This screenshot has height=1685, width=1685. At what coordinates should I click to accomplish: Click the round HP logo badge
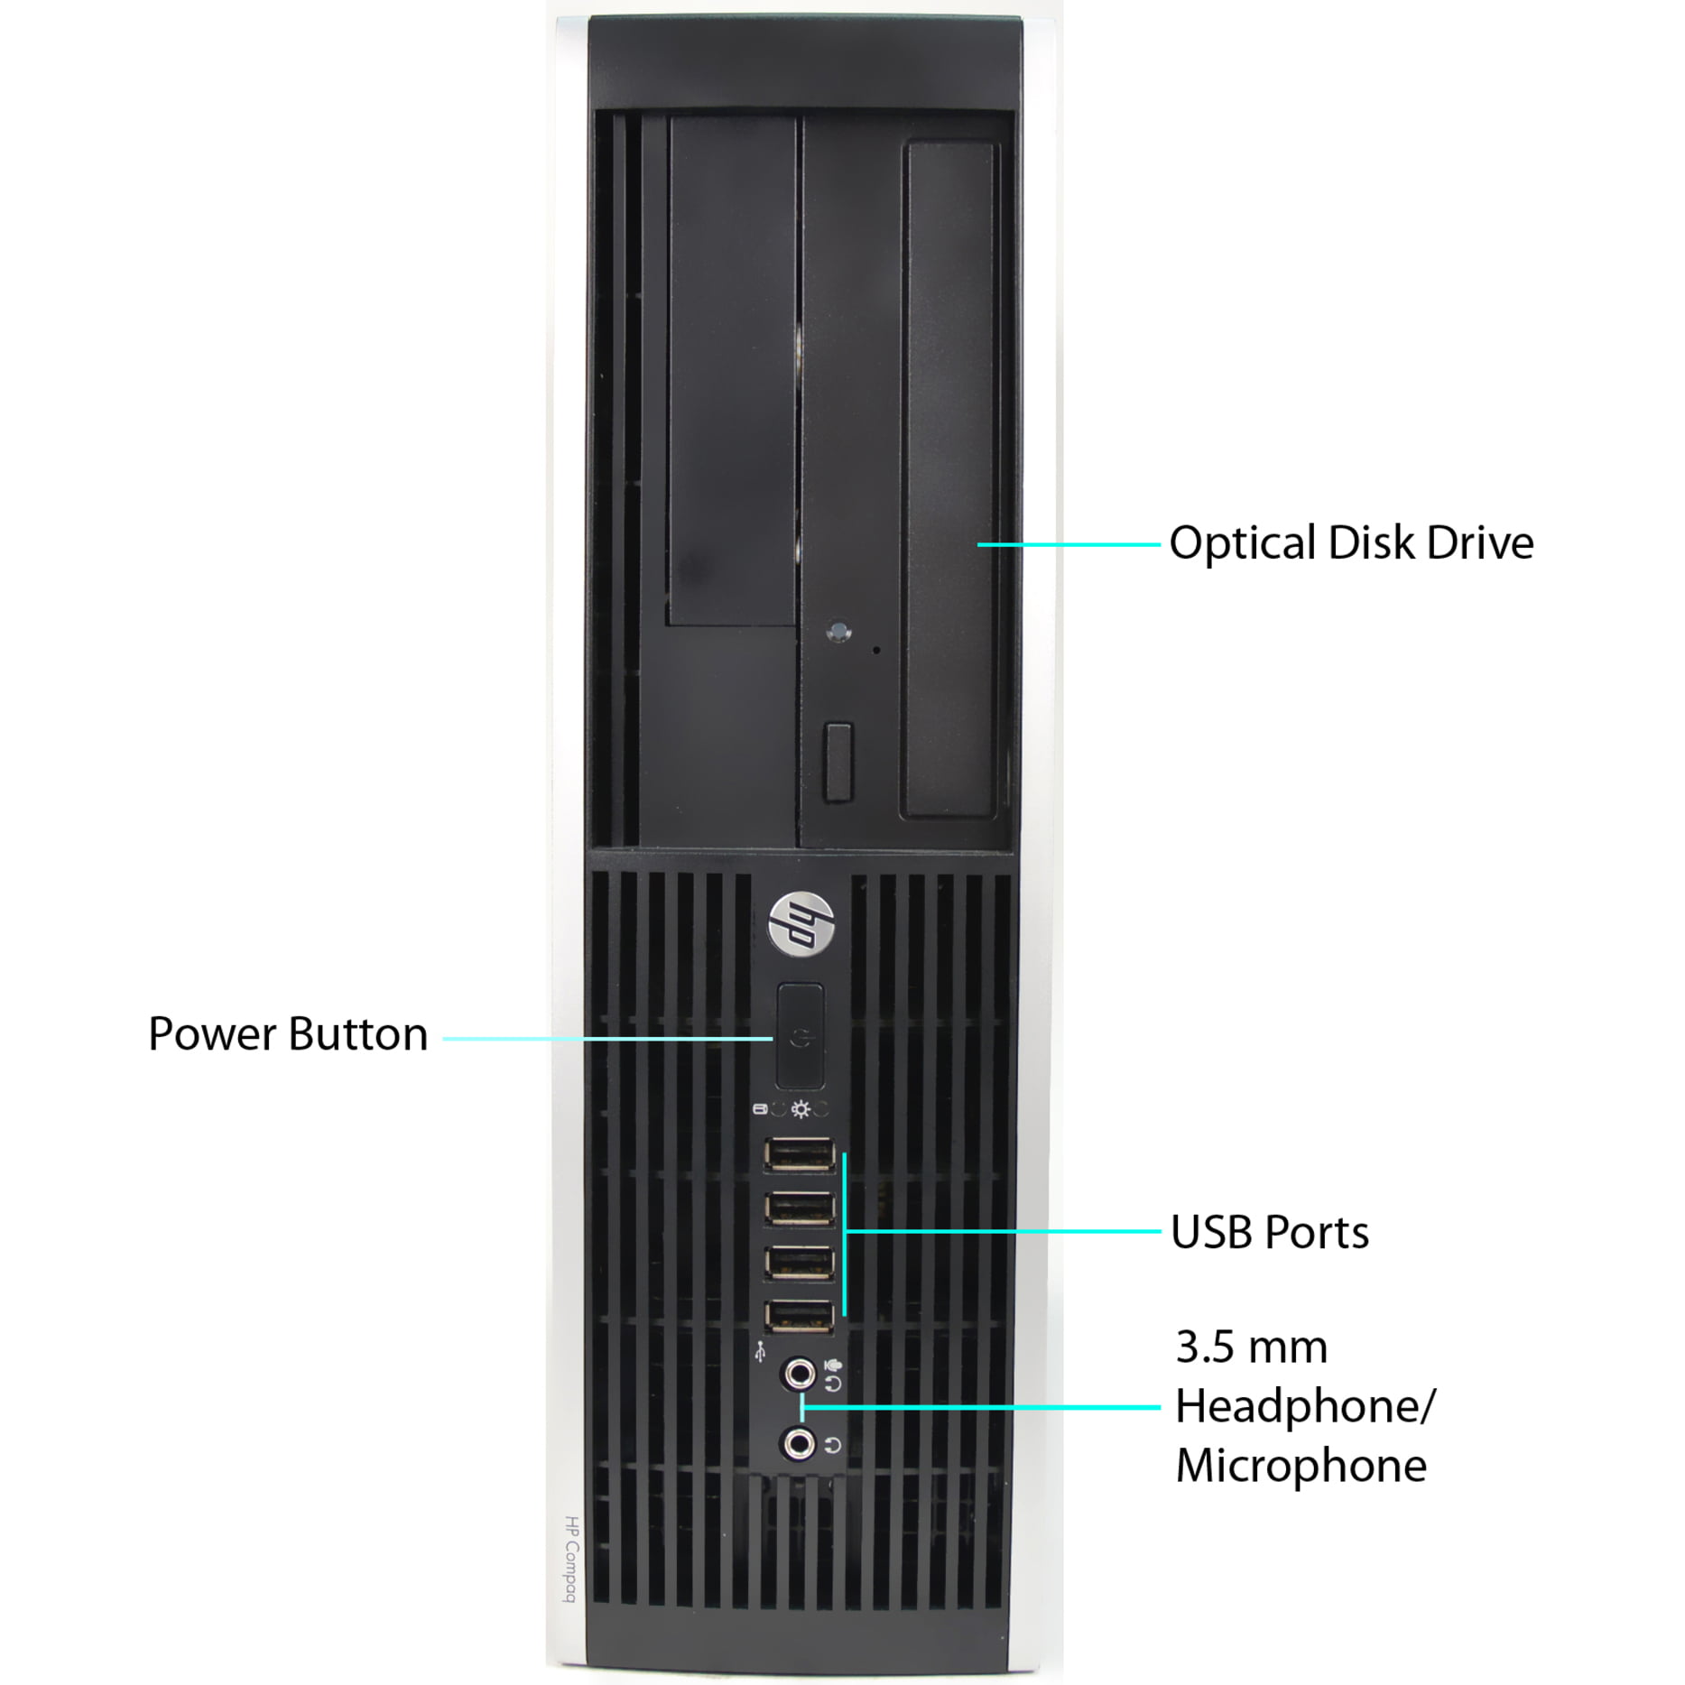coord(801,923)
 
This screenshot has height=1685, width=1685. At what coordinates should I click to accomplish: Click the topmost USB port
coord(800,1154)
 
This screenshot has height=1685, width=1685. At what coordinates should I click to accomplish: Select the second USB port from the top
coord(800,1208)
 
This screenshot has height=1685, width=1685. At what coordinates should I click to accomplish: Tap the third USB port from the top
coord(800,1263)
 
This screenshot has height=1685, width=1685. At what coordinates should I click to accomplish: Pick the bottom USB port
coord(800,1317)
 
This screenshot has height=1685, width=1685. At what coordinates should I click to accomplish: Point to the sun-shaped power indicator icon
coord(800,1109)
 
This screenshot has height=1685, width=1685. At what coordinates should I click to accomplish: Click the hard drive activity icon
coord(759,1109)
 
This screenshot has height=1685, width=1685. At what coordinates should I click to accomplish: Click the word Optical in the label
coord(1242,544)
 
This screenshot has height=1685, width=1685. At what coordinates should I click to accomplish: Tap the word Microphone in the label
coord(1301,1465)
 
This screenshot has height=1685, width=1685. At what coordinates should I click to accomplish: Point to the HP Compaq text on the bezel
coord(570,1559)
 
